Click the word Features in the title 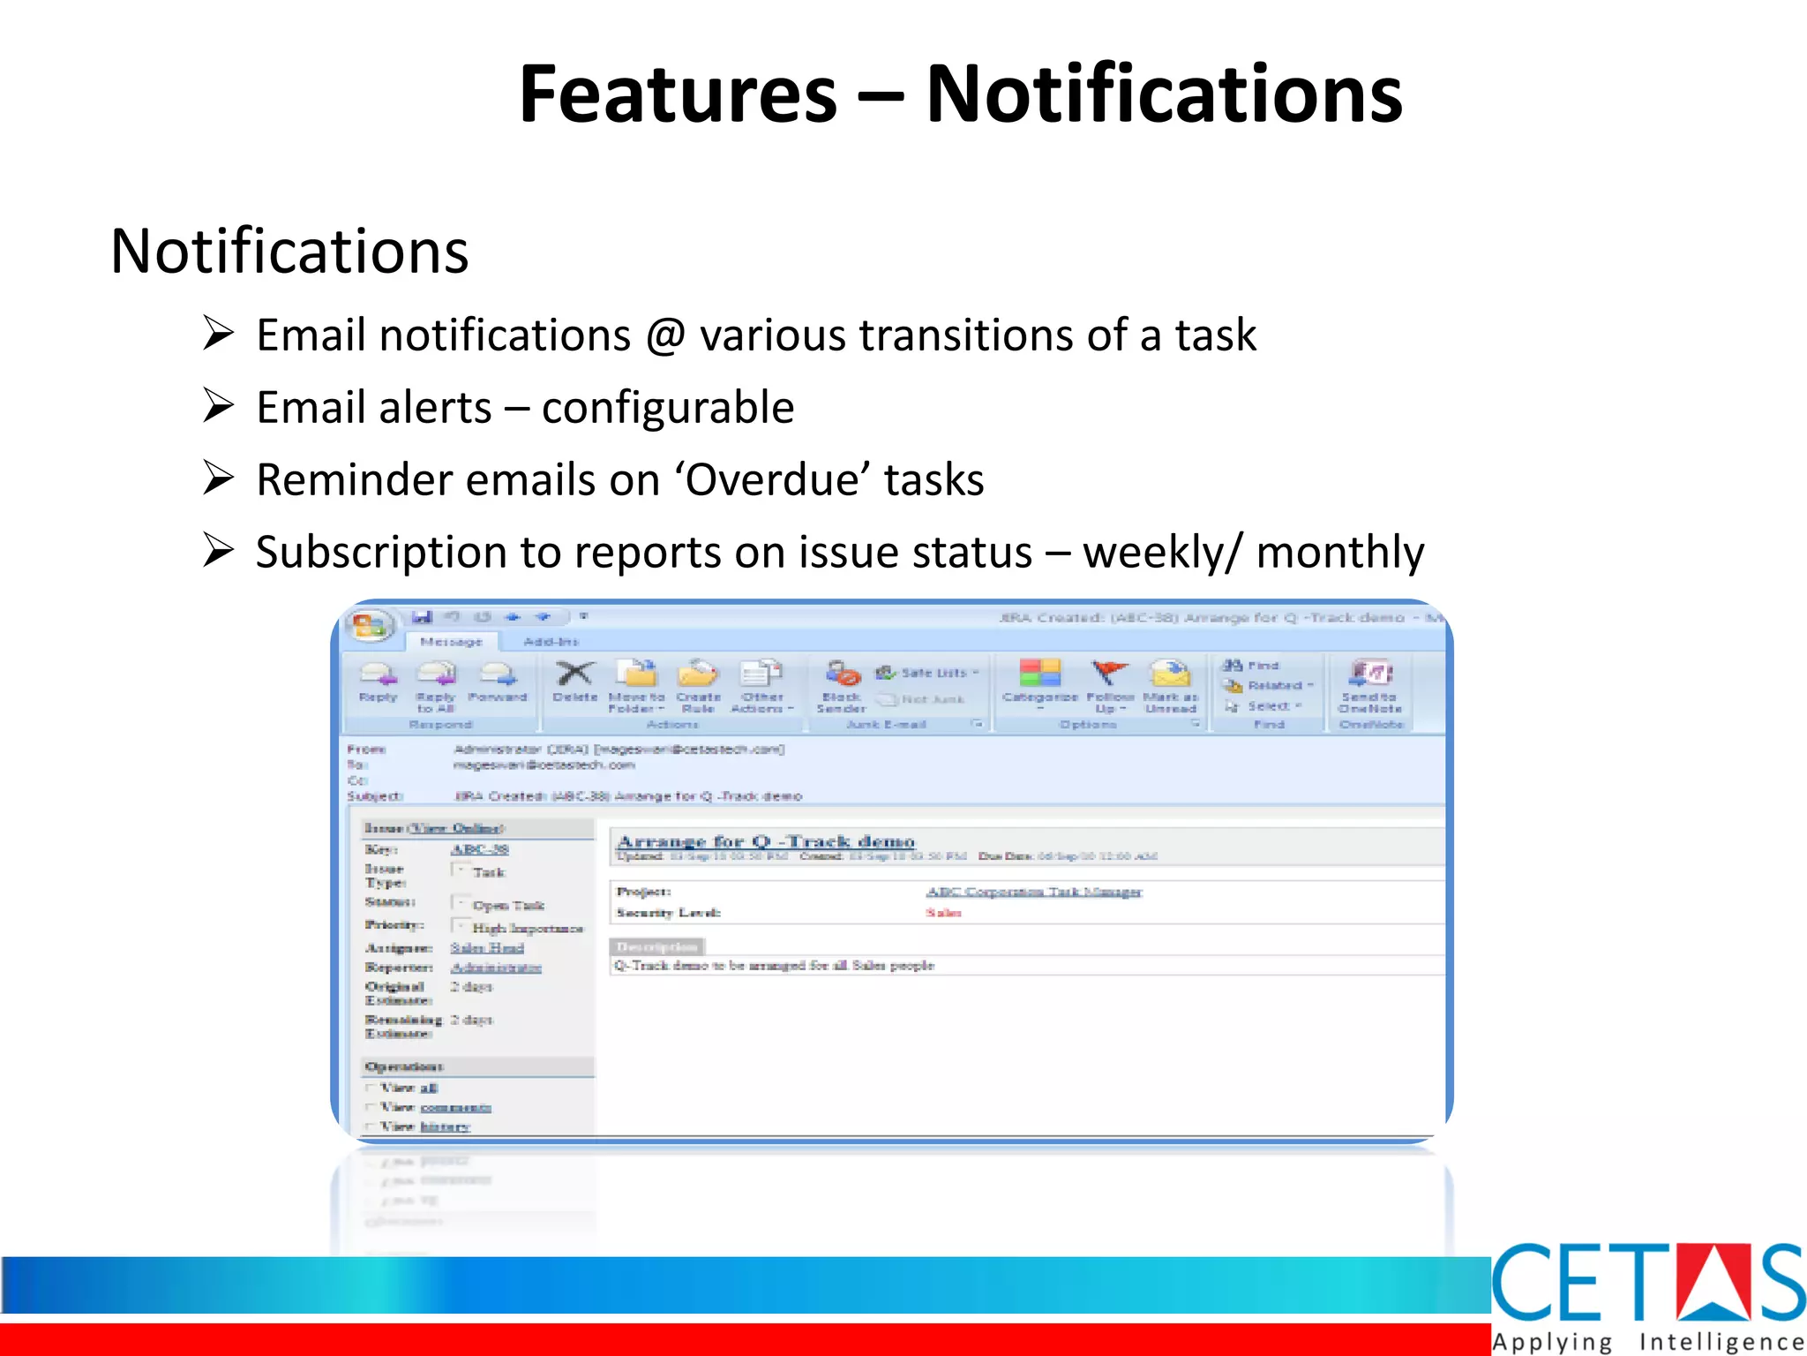tap(678, 95)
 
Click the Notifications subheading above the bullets tap(289, 252)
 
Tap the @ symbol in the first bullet tap(665, 335)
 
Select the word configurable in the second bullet tap(668, 408)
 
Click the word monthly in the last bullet tap(1339, 553)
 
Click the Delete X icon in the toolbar tap(574, 674)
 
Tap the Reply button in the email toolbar tap(379, 680)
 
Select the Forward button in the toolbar tap(498, 680)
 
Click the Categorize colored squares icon tap(1039, 674)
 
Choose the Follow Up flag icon tap(1109, 674)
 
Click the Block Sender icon tap(842, 676)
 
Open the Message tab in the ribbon tap(451, 642)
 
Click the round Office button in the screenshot tap(370, 626)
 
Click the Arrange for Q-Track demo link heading tap(766, 841)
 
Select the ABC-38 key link tap(479, 849)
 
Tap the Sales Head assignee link tap(487, 947)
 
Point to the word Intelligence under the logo tap(1721, 1342)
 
